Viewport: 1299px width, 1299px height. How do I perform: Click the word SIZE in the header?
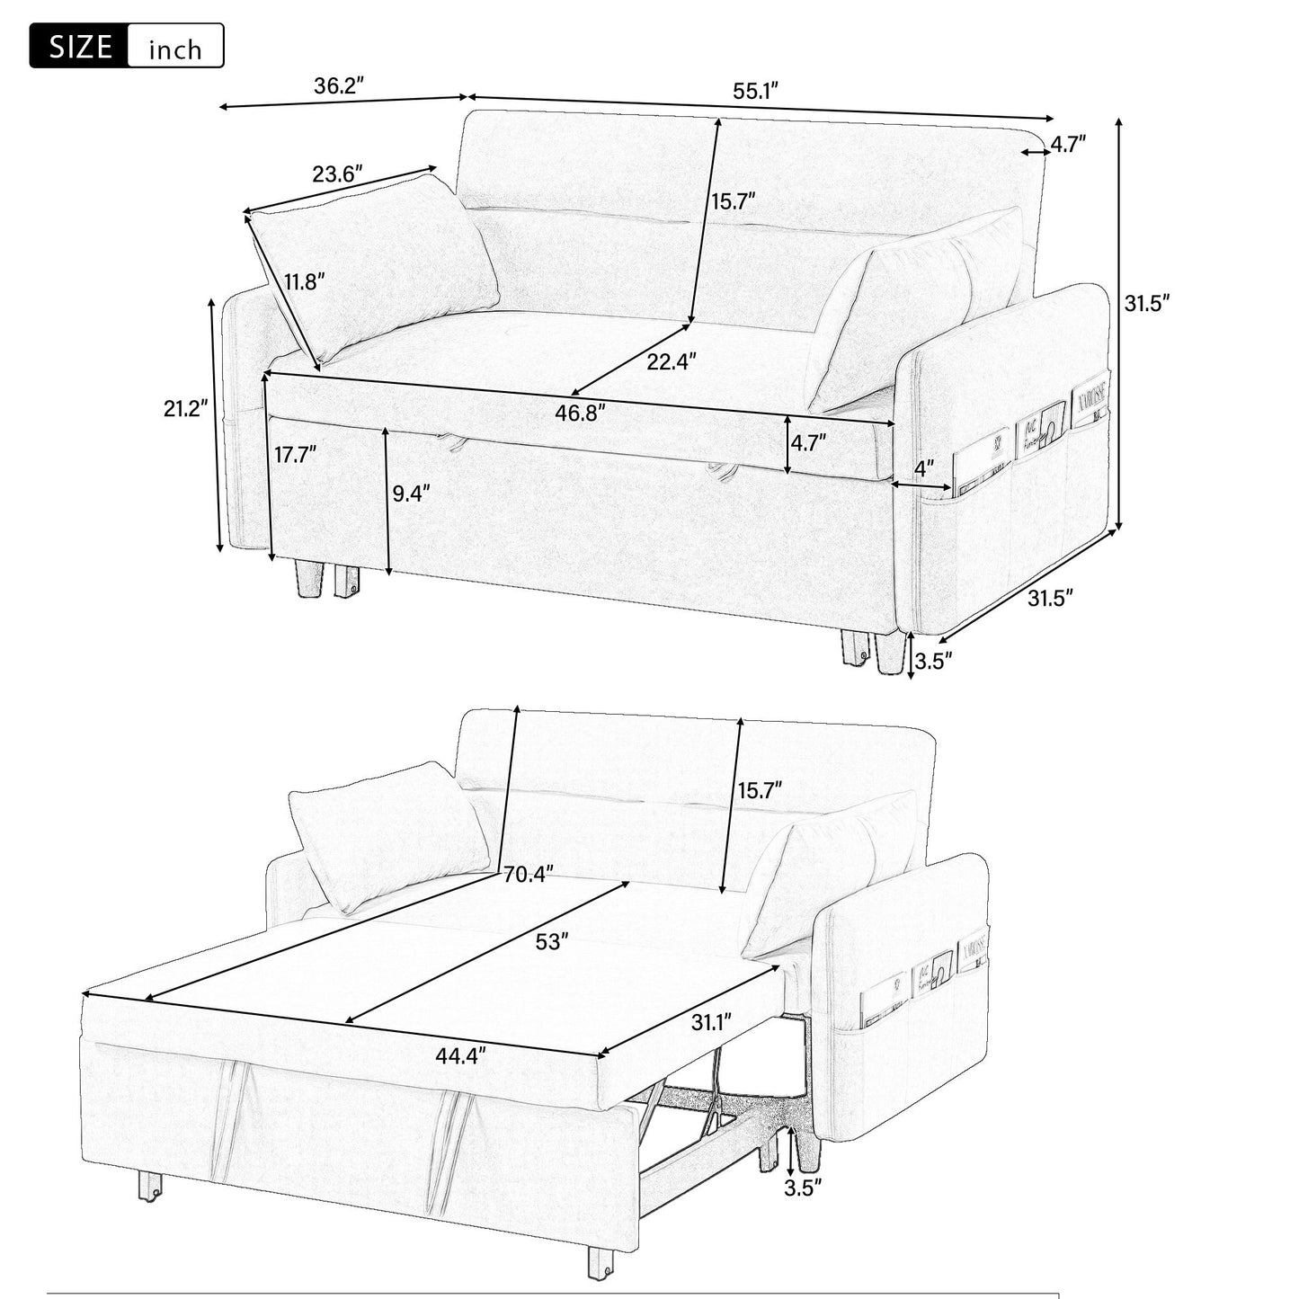[x=80, y=47]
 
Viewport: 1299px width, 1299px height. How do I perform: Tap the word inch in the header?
[x=175, y=49]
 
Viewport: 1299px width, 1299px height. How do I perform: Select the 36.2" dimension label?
[x=338, y=86]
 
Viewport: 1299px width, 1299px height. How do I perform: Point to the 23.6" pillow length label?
[x=337, y=173]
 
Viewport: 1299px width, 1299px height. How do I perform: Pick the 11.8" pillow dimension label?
[x=305, y=281]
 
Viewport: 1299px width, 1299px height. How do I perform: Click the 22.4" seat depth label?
[x=672, y=361]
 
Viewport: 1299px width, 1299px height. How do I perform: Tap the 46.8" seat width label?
[x=581, y=413]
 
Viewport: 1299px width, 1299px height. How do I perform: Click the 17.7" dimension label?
[x=296, y=454]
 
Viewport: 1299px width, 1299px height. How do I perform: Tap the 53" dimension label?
[x=552, y=941]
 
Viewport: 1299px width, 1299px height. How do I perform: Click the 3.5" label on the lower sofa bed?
[x=804, y=1188]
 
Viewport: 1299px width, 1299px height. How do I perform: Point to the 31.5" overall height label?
[x=1146, y=303]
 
